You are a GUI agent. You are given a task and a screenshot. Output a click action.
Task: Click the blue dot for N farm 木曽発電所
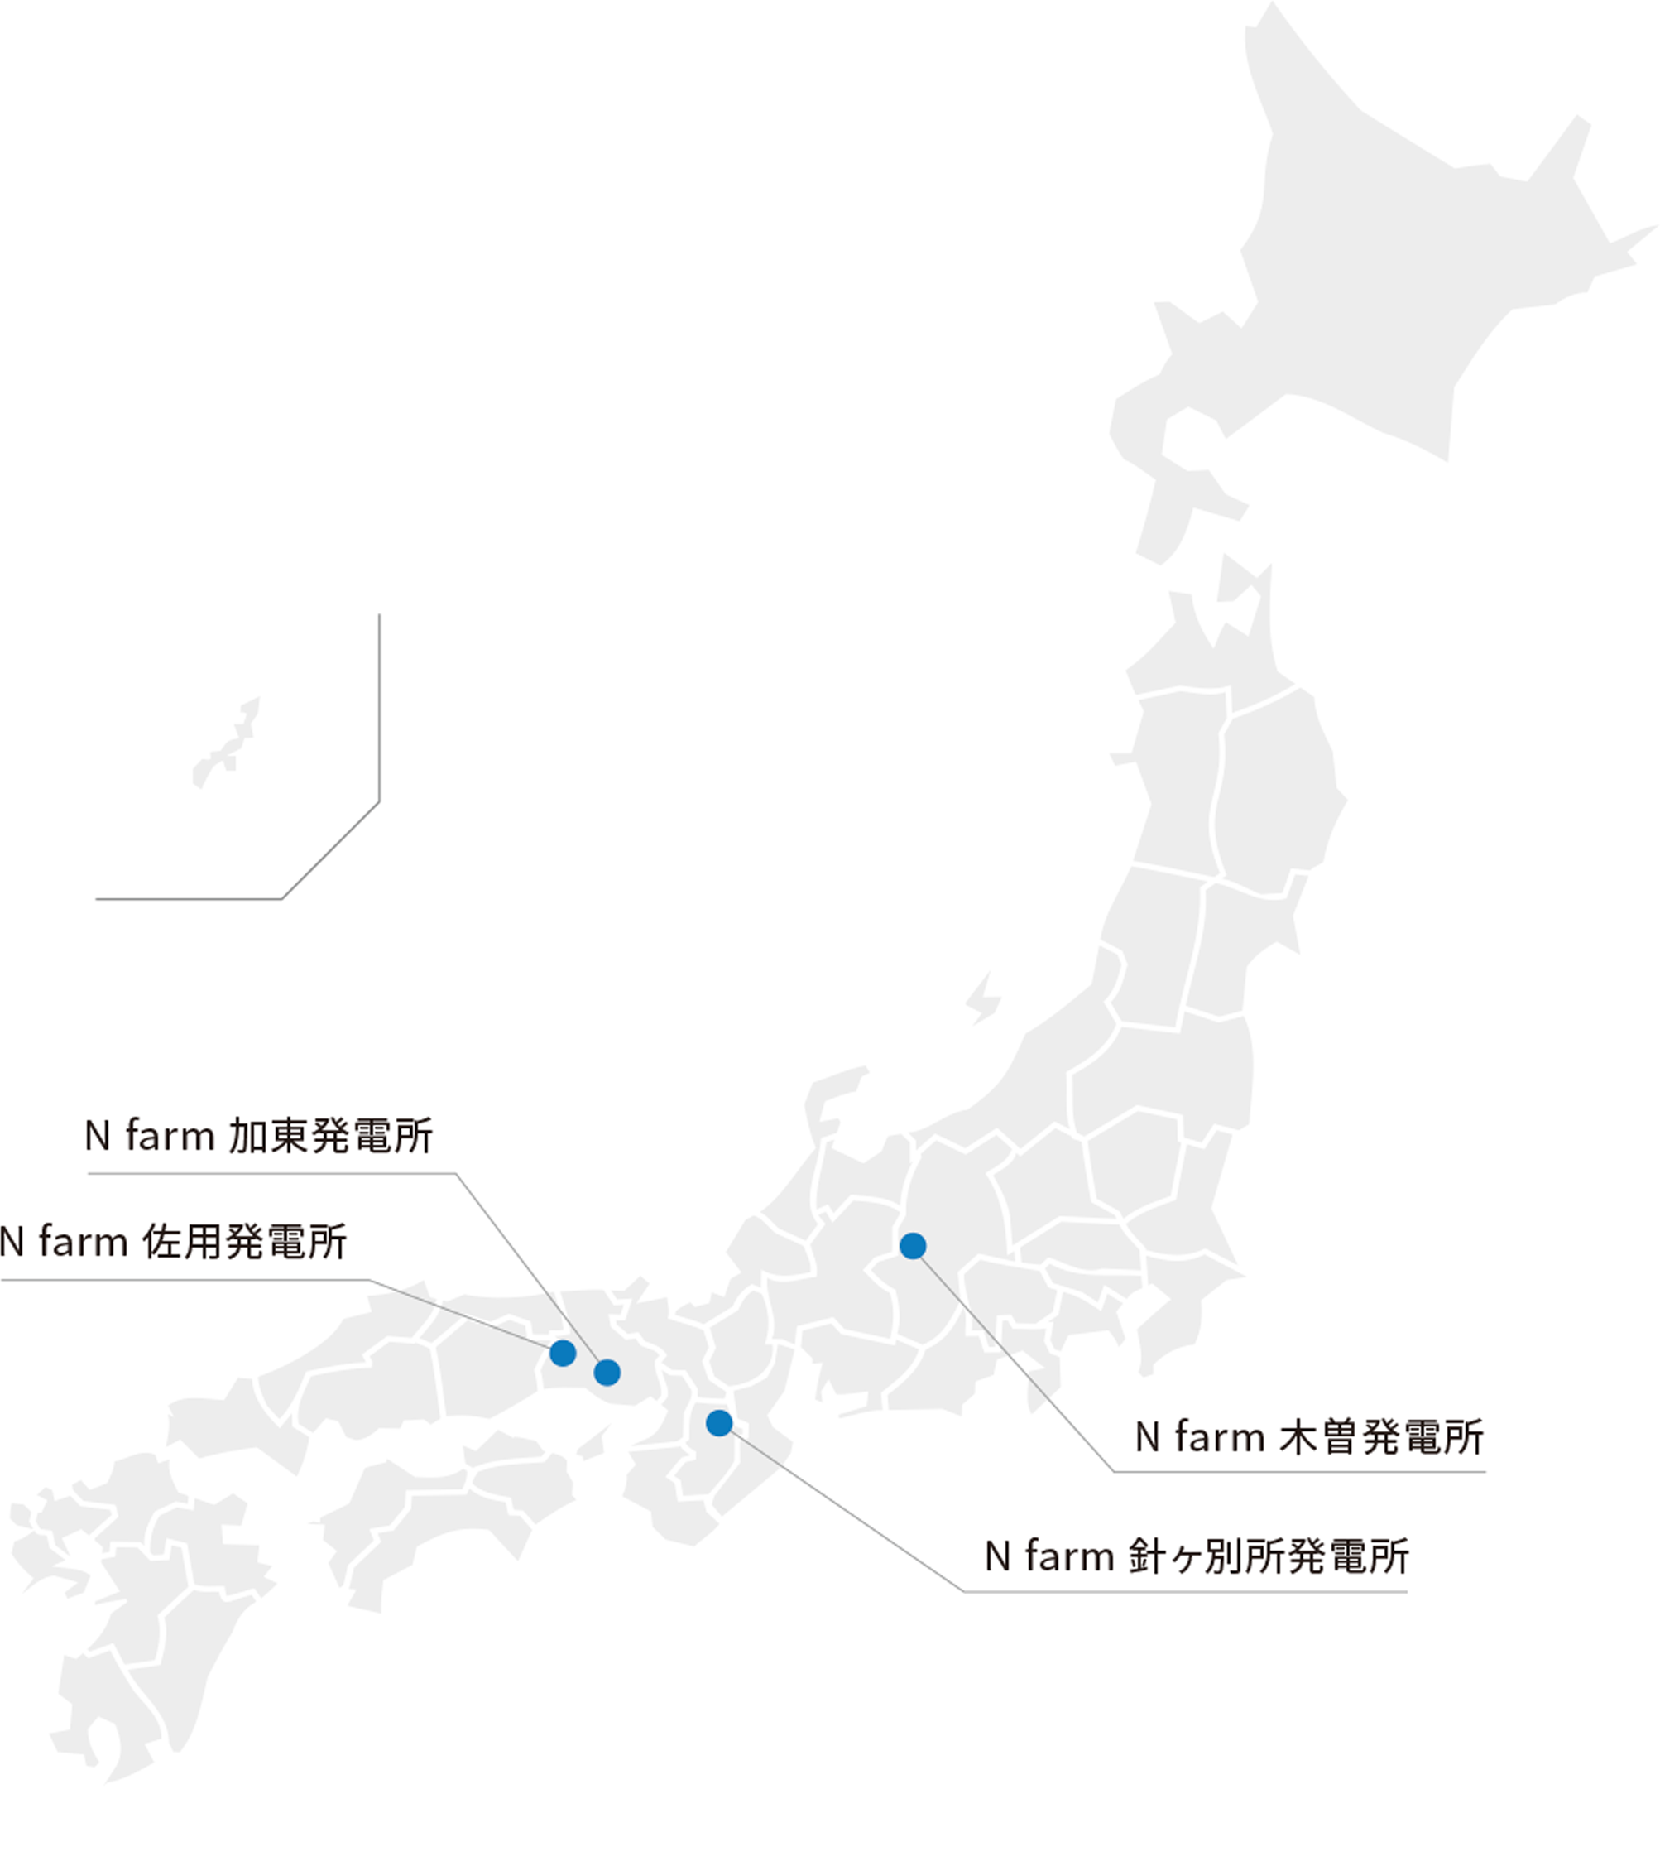913,1246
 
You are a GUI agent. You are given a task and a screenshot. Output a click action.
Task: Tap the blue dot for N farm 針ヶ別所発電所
719,1422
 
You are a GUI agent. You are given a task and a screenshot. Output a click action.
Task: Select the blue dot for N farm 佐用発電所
563,1353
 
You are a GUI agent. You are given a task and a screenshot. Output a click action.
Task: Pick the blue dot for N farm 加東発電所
607,1372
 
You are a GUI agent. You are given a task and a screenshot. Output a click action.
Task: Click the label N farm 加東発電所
259,1136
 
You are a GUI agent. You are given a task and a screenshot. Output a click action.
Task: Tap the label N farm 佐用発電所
173,1242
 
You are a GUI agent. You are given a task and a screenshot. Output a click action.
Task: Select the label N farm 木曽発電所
1308,1437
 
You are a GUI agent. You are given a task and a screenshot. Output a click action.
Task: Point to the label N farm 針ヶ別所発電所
1196,1556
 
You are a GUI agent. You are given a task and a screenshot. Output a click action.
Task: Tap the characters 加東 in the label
267,1136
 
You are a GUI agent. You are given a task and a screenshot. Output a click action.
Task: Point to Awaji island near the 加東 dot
594,1444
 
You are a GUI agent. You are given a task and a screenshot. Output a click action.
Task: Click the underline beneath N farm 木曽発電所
1299,1472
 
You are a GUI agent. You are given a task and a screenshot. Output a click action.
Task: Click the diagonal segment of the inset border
330,850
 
